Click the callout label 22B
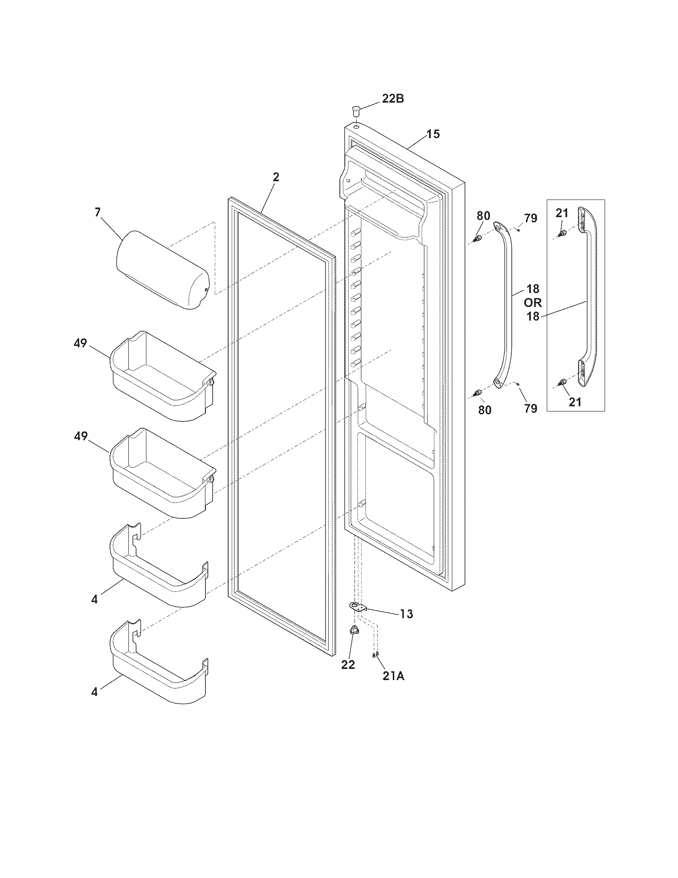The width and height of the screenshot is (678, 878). [392, 99]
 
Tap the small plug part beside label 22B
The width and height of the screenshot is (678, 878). [356, 109]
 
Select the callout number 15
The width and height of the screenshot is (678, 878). [433, 134]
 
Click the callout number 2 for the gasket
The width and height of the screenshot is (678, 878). [276, 177]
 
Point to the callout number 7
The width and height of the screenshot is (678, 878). [98, 212]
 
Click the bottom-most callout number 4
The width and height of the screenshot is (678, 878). [95, 692]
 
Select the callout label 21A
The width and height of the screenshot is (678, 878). [393, 676]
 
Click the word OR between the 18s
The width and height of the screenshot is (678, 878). [532, 303]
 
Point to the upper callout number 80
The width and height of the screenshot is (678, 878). [484, 216]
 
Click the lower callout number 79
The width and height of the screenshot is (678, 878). [530, 408]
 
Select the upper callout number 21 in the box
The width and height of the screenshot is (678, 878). [562, 213]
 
